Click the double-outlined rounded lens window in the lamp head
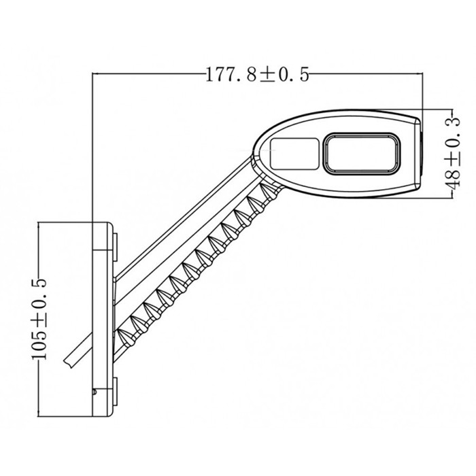pos(362,152)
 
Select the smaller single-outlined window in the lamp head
pos(295,153)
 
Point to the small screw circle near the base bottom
pos(95,392)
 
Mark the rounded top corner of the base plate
pos(103,226)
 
